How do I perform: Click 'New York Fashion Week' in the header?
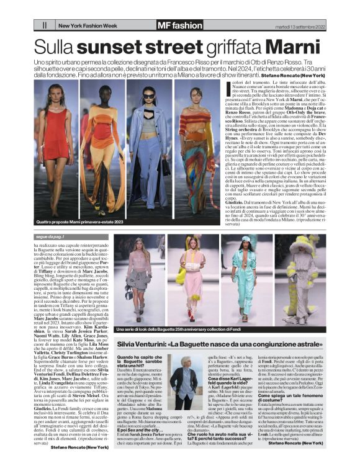point(85,25)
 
